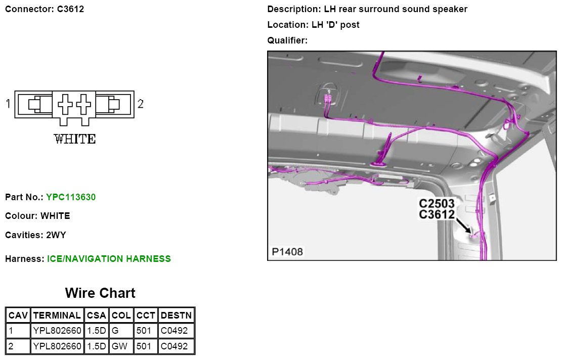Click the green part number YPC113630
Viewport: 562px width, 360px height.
coord(71,197)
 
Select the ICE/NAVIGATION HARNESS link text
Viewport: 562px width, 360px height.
coord(109,259)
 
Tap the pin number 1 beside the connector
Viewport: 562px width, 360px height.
coord(8,104)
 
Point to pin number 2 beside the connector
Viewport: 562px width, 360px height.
coord(141,104)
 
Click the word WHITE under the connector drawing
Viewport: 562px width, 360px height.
coord(75,139)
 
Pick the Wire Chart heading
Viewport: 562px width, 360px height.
coord(100,293)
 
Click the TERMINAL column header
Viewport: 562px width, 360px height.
coord(57,316)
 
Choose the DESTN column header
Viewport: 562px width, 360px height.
coord(176,316)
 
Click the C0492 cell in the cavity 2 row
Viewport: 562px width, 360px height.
coord(174,346)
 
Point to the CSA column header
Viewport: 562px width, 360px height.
coord(96,316)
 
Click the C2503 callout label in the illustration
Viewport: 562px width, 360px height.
coord(437,204)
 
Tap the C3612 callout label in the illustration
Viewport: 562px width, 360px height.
coord(437,214)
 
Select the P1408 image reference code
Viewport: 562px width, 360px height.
coord(287,251)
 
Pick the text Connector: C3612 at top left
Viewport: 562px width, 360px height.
coord(45,9)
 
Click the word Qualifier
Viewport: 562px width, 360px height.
coord(287,40)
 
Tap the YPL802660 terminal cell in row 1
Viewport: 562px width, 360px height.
coord(57,331)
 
